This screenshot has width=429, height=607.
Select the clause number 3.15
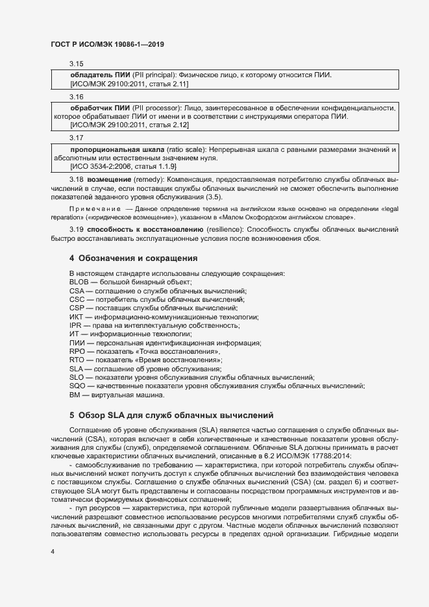[x=77, y=64]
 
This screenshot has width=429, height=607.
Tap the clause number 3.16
[x=77, y=96]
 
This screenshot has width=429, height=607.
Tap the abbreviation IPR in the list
[x=75, y=325]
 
